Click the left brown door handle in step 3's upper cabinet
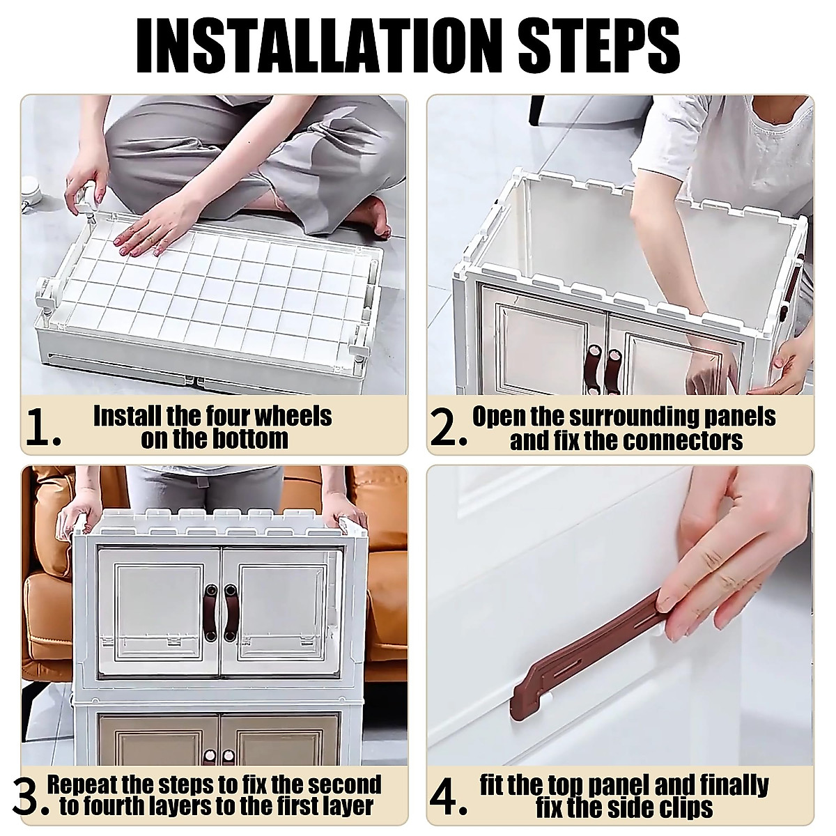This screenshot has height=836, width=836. pyautogui.click(x=211, y=612)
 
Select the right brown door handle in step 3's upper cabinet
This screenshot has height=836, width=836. pyautogui.click(x=230, y=612)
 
